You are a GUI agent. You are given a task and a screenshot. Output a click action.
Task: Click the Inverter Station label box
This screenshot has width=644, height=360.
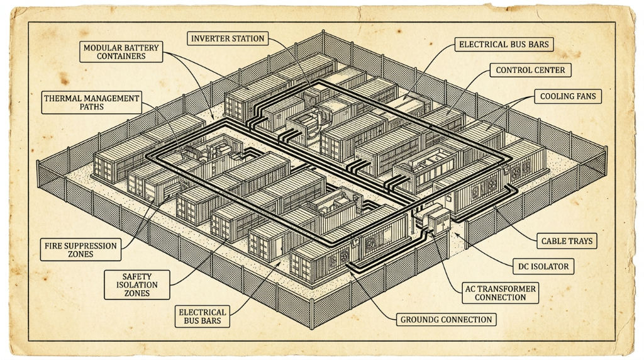point(228,38)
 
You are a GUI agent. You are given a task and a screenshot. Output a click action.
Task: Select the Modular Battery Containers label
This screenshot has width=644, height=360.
point(121,52)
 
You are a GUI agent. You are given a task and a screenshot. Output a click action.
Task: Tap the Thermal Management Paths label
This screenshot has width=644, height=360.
point(92,103)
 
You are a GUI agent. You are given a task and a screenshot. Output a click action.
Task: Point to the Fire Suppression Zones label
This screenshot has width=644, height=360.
point(80,250)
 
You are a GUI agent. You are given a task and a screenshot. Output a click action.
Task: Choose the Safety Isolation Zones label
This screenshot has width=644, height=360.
point(136,285)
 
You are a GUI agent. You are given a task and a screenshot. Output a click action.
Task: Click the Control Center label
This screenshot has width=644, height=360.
point(530,70)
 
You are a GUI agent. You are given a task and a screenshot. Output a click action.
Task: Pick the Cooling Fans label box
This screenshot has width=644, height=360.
point(568,96)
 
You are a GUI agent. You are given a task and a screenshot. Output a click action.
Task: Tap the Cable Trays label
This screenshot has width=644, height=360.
point(567,241)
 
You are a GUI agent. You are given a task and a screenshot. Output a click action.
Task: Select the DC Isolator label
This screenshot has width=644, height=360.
point(543,267)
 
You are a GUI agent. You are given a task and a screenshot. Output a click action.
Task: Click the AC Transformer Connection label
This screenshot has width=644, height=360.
point(500,293)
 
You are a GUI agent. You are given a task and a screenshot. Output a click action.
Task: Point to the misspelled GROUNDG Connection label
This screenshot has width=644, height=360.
point(446,320)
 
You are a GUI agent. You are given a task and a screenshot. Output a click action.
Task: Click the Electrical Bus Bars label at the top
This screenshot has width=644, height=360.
point(504,45)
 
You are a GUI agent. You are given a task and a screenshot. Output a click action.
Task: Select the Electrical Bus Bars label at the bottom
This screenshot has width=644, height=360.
point(202,317)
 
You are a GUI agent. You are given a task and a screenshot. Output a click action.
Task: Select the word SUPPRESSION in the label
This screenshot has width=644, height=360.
point(91,245)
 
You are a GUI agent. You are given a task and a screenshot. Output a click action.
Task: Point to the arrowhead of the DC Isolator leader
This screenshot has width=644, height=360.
point(457,235)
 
